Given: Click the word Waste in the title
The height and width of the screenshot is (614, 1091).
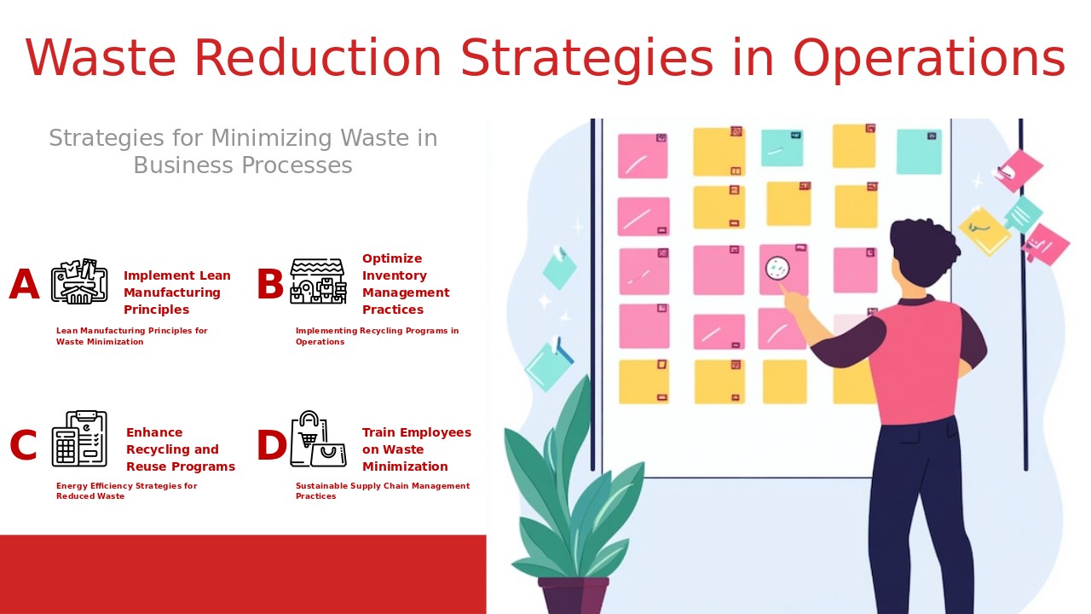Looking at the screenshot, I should (x=101, y=59).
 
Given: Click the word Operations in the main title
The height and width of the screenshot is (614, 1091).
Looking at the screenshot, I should (x=928, y=59).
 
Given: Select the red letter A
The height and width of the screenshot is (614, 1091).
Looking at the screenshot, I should (x=24, y=285).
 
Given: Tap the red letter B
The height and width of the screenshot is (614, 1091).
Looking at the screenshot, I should (x=270, y=285).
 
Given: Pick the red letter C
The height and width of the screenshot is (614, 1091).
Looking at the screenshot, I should (x=23, y=446).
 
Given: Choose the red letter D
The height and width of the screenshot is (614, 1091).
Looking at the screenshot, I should (x=271, y=446).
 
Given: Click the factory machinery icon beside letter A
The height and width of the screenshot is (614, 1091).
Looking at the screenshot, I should (x=79, y=281).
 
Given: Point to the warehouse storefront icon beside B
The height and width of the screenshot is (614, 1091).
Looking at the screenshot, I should (x=318, y=281).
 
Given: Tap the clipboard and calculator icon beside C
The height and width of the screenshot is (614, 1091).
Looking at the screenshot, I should (x=79, y=439).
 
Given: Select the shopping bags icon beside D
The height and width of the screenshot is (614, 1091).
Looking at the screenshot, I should (x=318, y=439).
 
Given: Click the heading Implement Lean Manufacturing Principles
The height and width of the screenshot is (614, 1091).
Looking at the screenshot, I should (x=177, y=293).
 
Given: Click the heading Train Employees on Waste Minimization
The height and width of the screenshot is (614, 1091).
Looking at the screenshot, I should (x=416, y=449).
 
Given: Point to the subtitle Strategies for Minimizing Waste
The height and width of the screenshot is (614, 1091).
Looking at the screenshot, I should (x=243, y=151).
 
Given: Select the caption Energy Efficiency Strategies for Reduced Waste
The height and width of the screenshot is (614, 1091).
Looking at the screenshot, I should (x=126, y=491).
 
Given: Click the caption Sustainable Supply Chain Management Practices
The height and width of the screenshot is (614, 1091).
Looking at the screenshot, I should (x=382, y=491).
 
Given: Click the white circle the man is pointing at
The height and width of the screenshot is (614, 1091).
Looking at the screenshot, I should (x=776, y=269).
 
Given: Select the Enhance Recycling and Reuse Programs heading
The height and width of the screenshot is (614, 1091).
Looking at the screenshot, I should (x=180, y=449).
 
